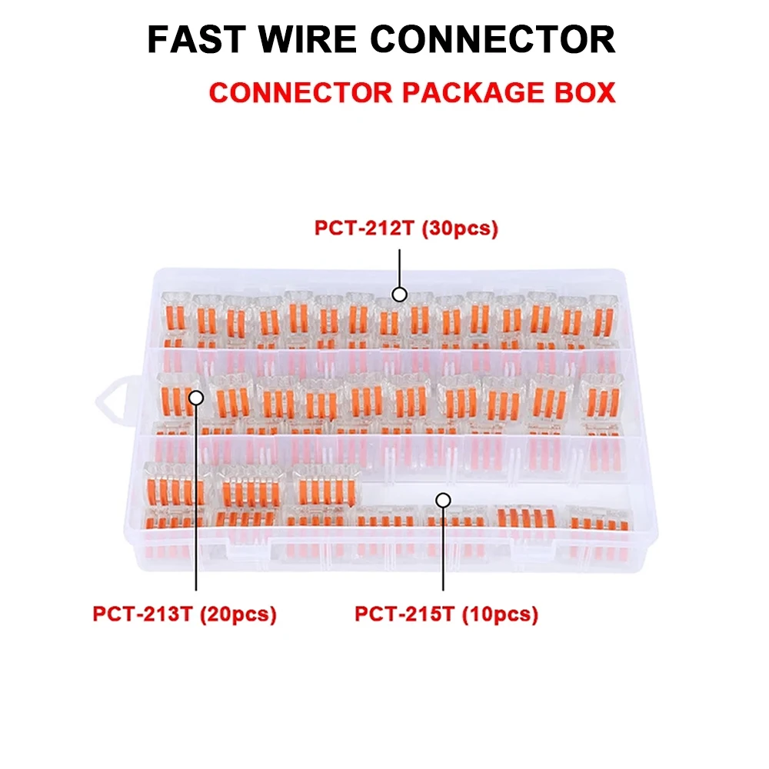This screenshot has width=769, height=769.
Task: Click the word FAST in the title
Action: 196,39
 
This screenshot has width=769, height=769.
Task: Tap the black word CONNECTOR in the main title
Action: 493,39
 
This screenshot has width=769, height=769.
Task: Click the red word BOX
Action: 585,93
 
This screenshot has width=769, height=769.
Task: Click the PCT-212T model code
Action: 365,228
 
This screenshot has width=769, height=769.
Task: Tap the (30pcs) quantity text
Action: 460,228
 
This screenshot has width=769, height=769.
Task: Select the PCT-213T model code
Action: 142,614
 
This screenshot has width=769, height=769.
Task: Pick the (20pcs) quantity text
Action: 238,614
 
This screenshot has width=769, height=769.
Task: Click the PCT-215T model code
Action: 404,614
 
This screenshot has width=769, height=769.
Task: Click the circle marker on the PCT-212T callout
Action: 400,295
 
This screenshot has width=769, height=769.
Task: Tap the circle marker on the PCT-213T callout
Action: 196,398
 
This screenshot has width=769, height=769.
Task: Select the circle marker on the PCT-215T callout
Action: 444,501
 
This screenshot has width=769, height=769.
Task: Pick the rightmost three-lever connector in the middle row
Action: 602,398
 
